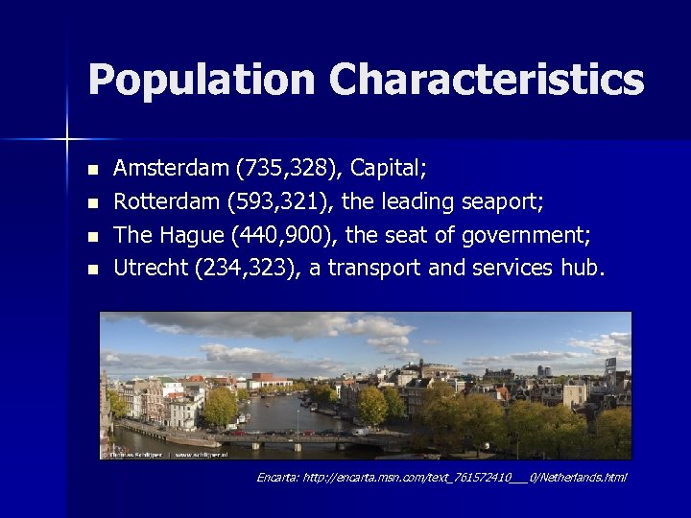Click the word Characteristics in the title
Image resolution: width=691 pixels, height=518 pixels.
(487, 80)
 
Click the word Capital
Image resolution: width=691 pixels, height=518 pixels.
(386, 169)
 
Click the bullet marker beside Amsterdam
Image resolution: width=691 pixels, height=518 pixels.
(92, 170)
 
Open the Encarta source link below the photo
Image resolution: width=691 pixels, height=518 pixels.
(441, 477)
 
